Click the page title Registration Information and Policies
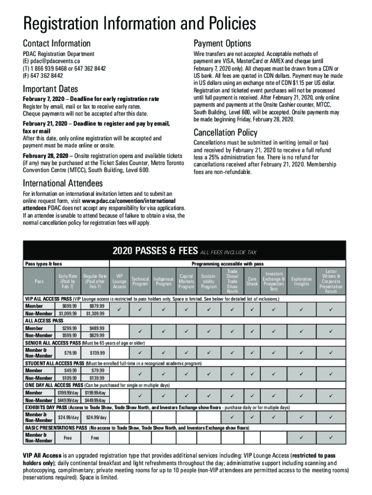tap(140, 24)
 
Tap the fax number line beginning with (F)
tap(43, 76)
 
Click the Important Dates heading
tap(51, 89)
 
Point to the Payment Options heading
tap(222, 44)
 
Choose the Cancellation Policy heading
tap(225, 132)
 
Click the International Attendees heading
tap(63, 183)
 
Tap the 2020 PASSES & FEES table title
tap(155, 250)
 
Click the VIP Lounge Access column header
tap(119, 281)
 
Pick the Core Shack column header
tap(252, 281)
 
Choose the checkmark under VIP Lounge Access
tap(119, 309)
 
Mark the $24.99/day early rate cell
tap(68, 417)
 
